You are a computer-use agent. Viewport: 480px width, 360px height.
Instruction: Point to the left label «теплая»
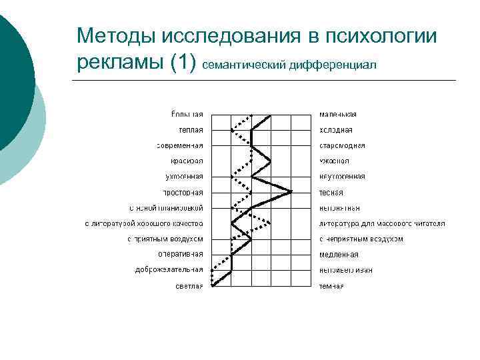[191, 130]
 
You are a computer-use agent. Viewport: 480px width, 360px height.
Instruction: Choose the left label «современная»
[180, 145]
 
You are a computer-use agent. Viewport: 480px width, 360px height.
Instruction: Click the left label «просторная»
[184, 192]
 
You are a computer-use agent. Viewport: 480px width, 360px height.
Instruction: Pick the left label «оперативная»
[181, 254]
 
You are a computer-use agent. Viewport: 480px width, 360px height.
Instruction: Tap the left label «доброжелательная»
[169, 269]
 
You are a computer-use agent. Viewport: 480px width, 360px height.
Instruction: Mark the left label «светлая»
[189, 285]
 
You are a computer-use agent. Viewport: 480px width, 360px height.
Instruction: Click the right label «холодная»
[336, 130]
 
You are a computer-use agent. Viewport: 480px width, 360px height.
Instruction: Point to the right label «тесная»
[331, 192]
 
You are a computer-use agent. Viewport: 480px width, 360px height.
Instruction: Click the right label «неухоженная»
[342, 176]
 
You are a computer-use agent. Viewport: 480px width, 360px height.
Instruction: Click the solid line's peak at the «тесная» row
[291, 192]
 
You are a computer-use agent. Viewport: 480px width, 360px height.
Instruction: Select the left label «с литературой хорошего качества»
[144, 223]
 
